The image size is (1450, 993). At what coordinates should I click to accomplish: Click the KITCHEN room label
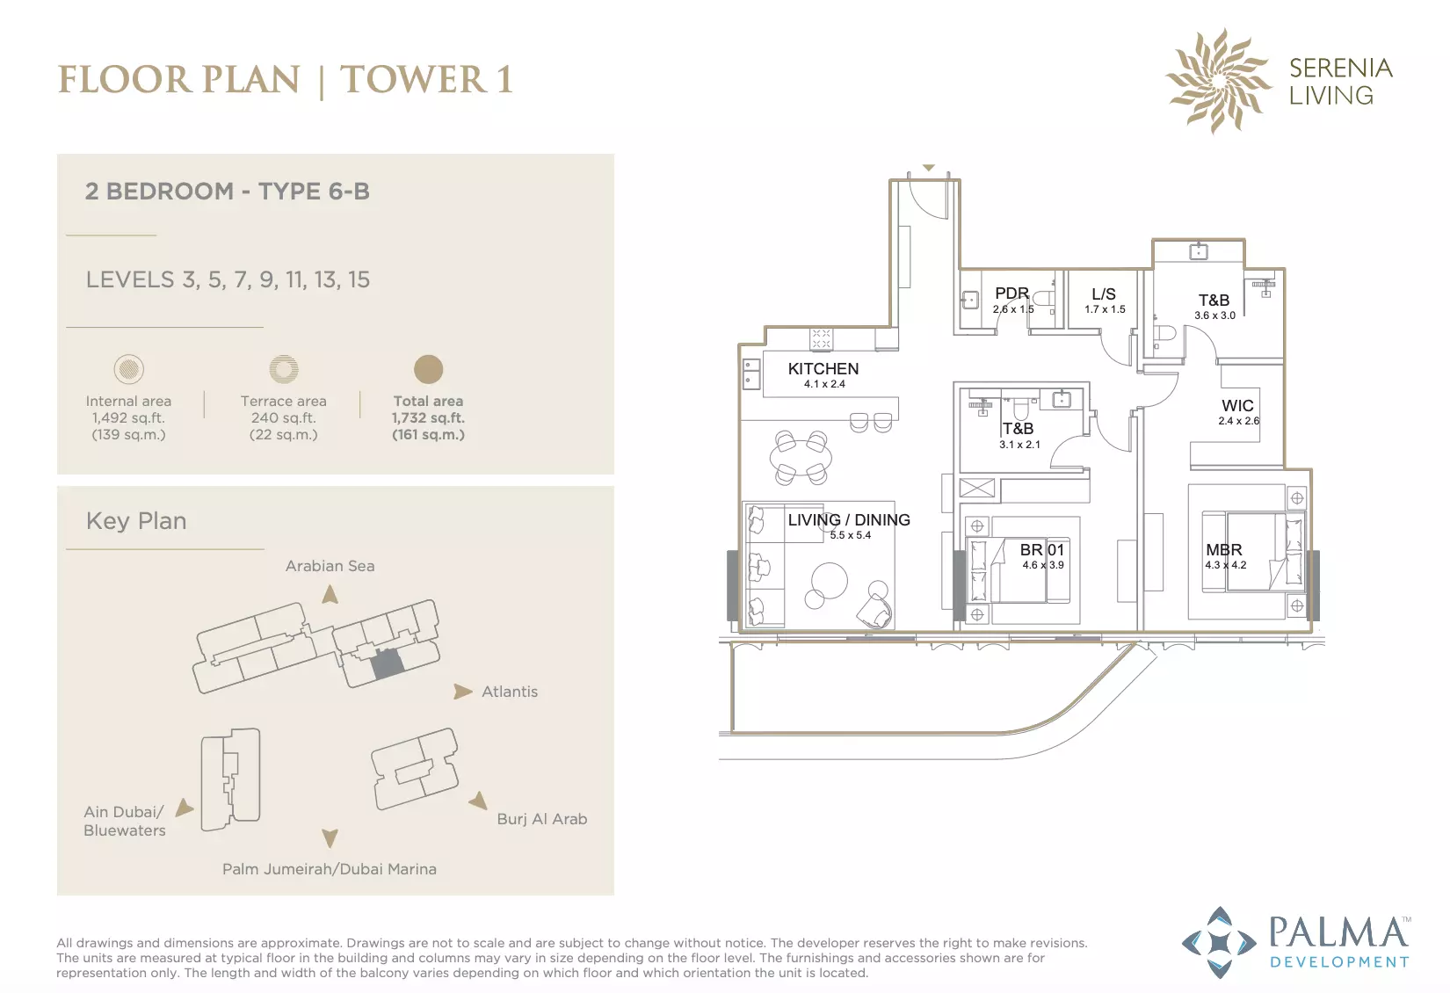click(823, 368)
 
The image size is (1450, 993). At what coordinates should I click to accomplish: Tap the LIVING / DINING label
click(849, 520)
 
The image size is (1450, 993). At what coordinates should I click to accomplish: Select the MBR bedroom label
click(1223, 549)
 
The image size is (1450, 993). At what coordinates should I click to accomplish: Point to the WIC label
click(1237, 406)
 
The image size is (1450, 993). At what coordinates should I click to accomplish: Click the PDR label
click(1011, 294)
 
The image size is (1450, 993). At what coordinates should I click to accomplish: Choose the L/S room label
click(1104, 294)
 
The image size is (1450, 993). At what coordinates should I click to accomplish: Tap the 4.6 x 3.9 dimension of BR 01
click(1043, 565)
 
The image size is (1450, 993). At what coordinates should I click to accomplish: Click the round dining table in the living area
click(801, 458)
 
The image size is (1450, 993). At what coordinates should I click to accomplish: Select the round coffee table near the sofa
click(829, 581)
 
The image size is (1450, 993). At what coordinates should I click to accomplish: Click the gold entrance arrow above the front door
click(928, 168)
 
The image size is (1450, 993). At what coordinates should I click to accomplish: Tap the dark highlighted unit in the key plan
click(387, 663)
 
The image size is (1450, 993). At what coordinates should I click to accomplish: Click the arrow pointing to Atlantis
click(462, 692)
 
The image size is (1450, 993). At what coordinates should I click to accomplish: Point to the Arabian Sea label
click(330, 566)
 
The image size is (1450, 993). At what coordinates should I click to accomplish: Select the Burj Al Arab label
click(542, 819)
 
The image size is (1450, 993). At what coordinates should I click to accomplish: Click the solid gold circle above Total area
click(428, 369)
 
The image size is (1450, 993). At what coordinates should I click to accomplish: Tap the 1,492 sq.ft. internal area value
click(128, 418)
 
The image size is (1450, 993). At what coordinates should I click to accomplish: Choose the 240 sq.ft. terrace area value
click(284, 418)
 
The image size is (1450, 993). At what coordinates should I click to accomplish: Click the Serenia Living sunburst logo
click(1218, 81)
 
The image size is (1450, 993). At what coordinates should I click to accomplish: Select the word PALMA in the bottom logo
click(1338, 932)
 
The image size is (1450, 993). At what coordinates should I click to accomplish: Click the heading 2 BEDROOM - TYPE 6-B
click(228, 191)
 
